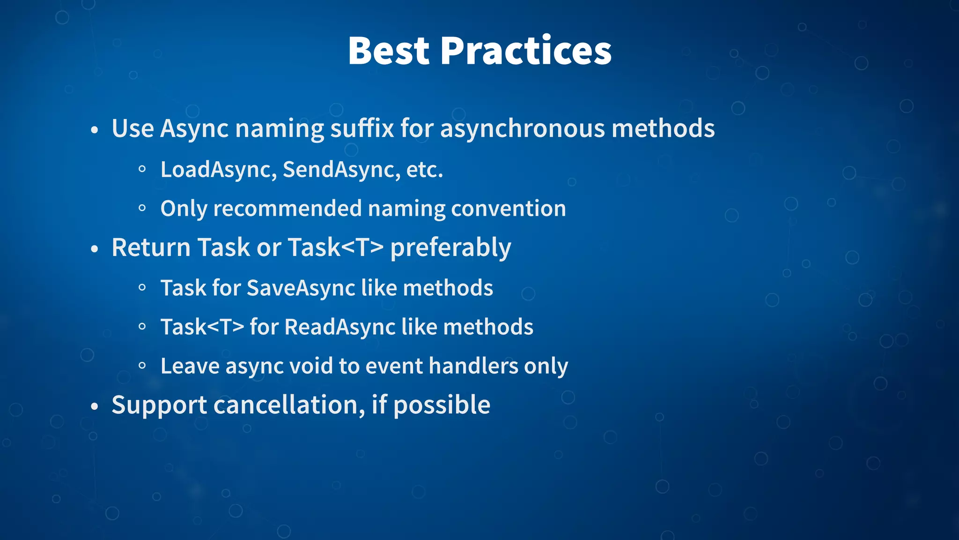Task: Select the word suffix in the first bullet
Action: pyautogui.click(x=362, y=128)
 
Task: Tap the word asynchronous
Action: pyautogui.click(x=523, y=129)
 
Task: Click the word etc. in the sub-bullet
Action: pyautogui.click(x=424, y=170)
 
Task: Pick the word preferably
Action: pyautogui.click(x=450, y=248)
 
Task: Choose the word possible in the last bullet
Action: pyautogui.click(x=442, y=406)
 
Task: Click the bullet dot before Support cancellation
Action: pyautogui.click(x=95, y=406)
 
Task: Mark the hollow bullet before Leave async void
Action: pyautogui.click(x=142, y=366)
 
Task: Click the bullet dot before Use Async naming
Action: pyautogui.click(x=95, y=130)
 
